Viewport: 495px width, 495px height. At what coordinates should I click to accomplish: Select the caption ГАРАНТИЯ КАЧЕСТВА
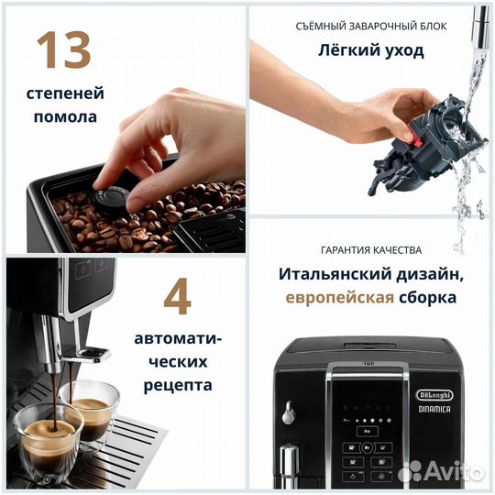[x=371, y=249]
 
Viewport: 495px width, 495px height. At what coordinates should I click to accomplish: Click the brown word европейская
[x=338, y=298]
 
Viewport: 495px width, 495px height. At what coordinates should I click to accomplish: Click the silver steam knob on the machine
[x=289, y=412]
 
